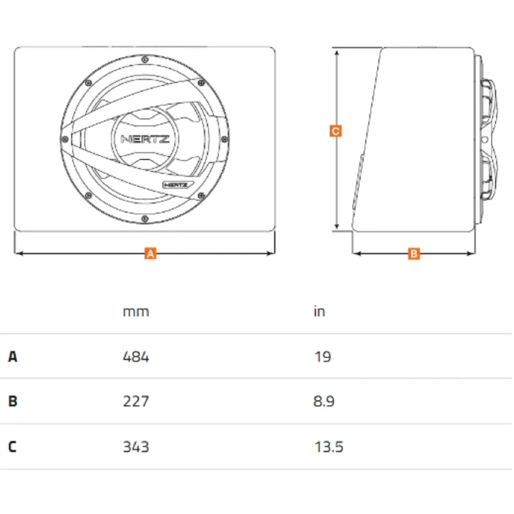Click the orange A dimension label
coord(150,253)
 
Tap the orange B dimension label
coord(414,253)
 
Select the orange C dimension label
coord(335,131)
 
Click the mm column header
coord(136,312)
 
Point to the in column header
coord(319,312)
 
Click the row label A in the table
coord(12,357)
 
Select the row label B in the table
coord(12,401)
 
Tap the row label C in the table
coord(12,447)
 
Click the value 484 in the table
coord(136,357)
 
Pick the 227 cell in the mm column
coord(136,401)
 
